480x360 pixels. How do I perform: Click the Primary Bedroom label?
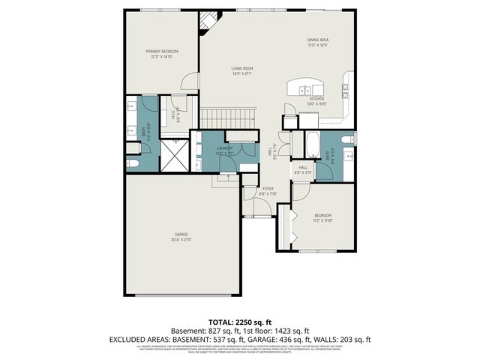tap(162, 53)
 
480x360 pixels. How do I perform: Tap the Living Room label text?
tap(241, 70)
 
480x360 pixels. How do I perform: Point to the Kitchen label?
tap(317, 101)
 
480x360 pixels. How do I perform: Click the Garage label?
tap(181, 237)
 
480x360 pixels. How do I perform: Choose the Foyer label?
tap(268, 191)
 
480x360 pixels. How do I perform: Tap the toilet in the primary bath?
tap(133, 163)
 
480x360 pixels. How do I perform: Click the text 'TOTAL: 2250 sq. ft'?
tap(240, 320)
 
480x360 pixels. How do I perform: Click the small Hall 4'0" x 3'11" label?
tap(303, 169)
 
